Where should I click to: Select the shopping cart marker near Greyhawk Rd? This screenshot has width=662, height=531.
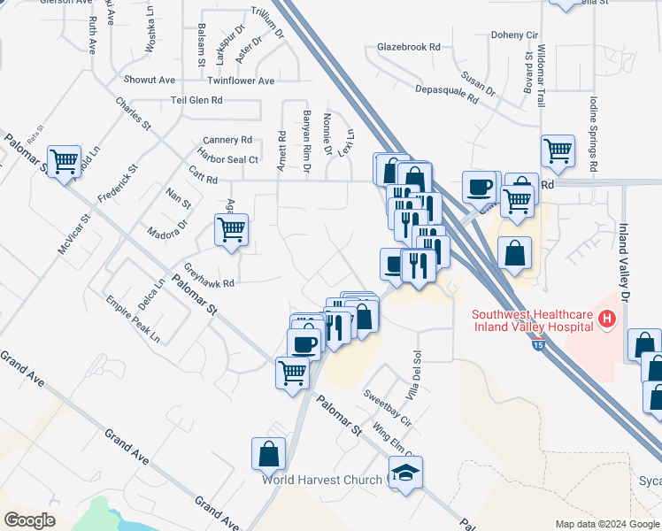[x=231, y=230]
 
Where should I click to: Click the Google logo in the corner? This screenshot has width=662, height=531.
[x=29, y=519]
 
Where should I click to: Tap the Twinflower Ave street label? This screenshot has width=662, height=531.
[x=242, y=81]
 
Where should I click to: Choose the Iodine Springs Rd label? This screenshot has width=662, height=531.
[x=593, y=135]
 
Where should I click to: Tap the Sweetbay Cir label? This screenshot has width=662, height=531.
[x=388, y=404]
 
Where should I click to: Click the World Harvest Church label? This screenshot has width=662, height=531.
[x=321, y=480]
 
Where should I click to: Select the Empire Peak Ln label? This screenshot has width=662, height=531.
[x=133, y=319]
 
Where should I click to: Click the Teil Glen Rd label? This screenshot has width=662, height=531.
[x=196, y=101]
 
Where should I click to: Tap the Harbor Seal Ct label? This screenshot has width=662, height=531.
[x=229, y=160]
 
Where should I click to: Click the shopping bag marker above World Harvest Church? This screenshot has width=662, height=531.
[x=268, y=455]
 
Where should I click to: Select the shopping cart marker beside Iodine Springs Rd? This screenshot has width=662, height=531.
[x=558, y=151]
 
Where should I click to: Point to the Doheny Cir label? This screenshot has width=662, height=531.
[x=514, y=35]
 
